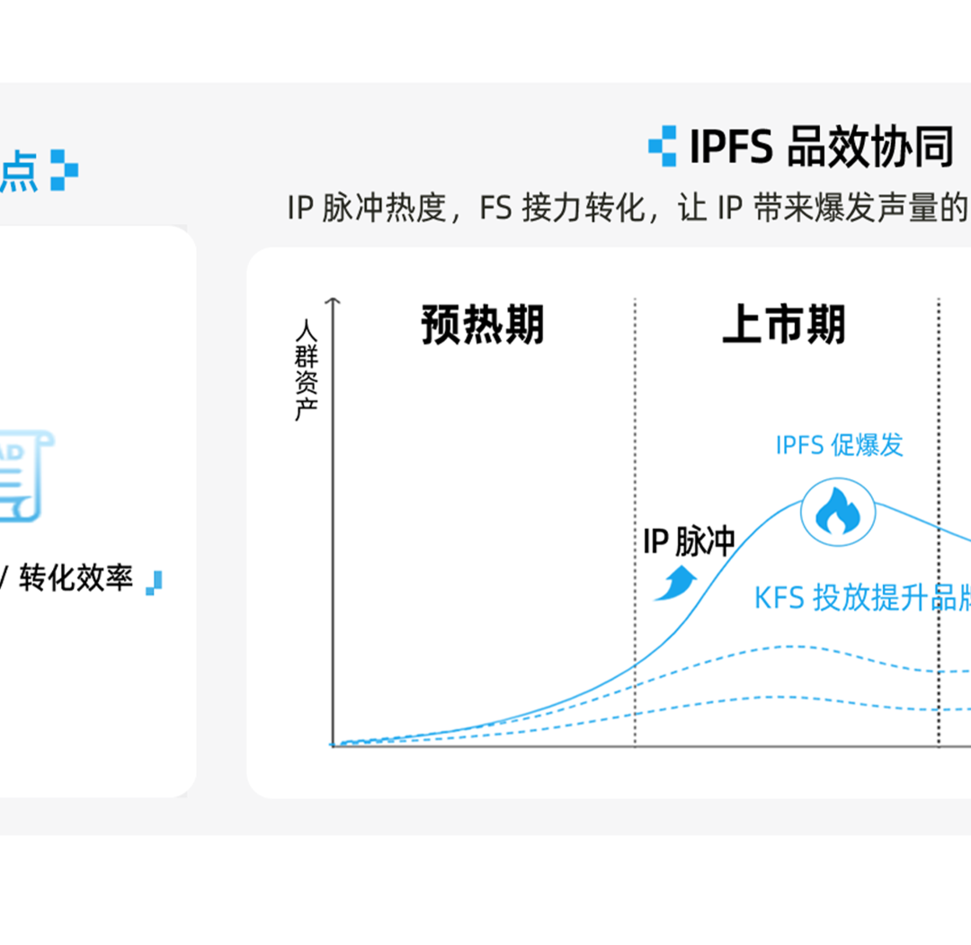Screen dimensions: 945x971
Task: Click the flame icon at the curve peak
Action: point(837,513)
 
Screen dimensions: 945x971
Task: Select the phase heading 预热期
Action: point(483,325)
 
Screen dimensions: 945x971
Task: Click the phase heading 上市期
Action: point(784,325)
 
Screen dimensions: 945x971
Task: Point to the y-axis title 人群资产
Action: point(307,369)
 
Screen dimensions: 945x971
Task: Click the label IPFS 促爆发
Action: point(839,445)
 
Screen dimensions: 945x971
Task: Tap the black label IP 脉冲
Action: point(689,541)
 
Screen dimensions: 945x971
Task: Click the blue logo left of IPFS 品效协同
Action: point(663,146)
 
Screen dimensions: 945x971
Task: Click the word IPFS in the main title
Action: point(731,147)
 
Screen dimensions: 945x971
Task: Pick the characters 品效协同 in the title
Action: point(869,147)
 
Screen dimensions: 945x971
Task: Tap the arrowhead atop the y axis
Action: point(334,302)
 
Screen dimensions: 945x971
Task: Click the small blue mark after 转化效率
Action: point(155,582)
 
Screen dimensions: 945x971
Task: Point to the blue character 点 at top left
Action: point(18,171)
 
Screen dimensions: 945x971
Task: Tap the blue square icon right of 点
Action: point(64,170)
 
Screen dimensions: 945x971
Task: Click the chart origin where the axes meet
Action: point(334,745)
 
